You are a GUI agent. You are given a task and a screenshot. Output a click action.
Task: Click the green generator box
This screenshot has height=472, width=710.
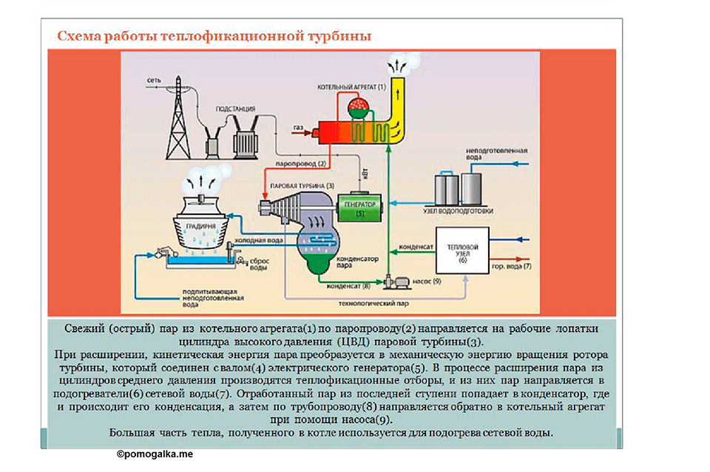[360, 208]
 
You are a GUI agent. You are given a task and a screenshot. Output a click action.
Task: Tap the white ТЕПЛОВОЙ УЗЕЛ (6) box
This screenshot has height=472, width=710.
[462, 250]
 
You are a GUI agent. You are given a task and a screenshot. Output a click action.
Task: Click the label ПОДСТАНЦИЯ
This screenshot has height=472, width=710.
[235, 109]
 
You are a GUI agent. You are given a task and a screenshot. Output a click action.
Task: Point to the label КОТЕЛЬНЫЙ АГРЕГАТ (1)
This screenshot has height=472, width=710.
[351, 87]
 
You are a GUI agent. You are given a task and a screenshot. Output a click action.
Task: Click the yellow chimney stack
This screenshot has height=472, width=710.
[397, 109]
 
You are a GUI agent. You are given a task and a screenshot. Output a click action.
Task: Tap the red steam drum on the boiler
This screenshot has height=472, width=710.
[359, 108]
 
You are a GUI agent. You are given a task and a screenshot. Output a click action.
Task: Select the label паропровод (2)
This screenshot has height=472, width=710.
[301, 164]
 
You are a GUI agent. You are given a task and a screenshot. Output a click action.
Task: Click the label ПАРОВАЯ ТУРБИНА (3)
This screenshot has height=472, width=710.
[302, 186]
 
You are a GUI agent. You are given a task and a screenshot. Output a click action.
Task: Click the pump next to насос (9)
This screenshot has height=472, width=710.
[397, 282]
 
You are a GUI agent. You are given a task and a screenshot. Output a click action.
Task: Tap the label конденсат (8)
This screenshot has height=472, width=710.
[348, 286]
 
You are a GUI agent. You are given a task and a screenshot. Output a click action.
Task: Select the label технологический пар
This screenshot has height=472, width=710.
[373, 304]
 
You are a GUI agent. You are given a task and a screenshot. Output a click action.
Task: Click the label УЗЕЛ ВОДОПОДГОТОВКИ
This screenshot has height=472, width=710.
[459, 211]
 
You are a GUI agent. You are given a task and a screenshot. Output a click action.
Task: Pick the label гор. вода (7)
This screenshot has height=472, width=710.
[512, 267]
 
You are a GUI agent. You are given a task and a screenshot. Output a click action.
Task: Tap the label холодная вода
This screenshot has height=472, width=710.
[259, 240]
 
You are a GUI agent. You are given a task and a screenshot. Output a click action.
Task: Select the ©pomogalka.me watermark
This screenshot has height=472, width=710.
[155, 454]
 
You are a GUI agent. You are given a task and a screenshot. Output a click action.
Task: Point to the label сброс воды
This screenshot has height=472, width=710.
[260, 264]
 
